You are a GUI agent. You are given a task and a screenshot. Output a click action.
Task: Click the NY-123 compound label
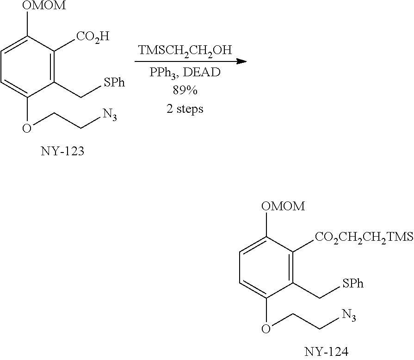pyautogui.click(x=62, y=152)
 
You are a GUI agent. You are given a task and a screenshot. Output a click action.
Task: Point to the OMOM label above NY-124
pyautogui.click(x=283, y=206)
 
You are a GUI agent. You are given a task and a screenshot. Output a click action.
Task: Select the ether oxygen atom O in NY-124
pyautogui.click(x=266, y=328)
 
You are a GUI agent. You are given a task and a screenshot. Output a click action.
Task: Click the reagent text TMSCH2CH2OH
pyautogui.click(x=184, y=51)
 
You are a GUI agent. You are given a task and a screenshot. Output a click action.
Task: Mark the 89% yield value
pyautogui.click(x=184, y=91)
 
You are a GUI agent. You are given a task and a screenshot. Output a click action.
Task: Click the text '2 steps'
pyautogui.click(x=184, y=110)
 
